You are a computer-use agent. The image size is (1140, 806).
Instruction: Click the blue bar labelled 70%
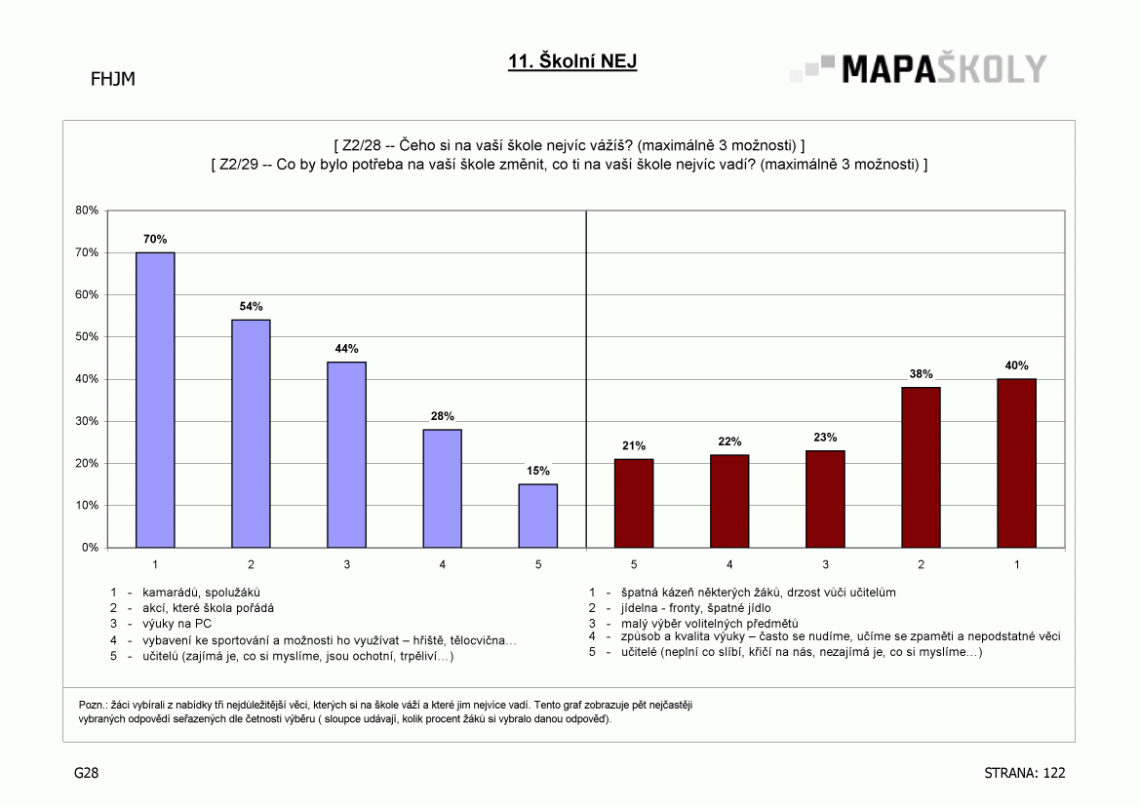click(155, 400)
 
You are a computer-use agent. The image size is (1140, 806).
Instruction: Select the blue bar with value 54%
click(251, 433)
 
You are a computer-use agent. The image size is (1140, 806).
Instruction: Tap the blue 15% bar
click(538, 516)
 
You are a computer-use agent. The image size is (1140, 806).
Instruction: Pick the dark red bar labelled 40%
click(1016, 463)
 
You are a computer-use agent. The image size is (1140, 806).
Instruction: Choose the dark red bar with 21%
click(634, 503)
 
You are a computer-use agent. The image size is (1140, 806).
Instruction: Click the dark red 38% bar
click(922, 467)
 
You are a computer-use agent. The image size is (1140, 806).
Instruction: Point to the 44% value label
click(347, 349)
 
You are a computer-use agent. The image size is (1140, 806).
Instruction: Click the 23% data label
click(825, 438)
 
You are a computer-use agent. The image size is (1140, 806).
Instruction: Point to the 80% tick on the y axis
click(87, 211)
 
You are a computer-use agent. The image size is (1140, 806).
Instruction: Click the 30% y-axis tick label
click(87, 422)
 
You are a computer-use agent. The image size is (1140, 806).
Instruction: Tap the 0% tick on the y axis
click(90, 548)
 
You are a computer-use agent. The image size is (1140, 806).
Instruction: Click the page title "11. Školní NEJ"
click(572, 61)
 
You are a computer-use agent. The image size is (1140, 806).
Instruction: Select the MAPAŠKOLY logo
click(919, 69)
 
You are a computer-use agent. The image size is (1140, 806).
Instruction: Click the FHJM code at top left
click(113, 79)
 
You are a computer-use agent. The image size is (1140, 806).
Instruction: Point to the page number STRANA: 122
click(1024, 773)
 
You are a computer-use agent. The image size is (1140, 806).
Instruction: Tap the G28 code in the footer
click(87, 773)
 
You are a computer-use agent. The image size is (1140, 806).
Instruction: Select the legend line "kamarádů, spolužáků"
click(202, 593)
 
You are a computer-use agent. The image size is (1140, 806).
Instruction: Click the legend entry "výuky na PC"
click(177, 624)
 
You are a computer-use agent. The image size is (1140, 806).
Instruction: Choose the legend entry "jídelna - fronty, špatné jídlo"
click(695, 608)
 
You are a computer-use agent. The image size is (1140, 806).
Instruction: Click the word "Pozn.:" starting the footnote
click(93, 705)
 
